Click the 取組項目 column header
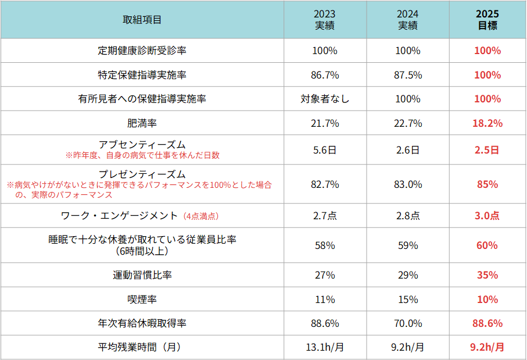142,20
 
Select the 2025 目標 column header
487,20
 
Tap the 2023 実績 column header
325,20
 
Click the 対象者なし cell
325,99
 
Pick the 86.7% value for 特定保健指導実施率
325,75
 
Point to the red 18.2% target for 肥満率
487,123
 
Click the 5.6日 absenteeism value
325,150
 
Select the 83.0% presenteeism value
407,184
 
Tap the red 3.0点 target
487,216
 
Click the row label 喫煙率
142,300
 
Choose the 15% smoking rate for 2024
407,300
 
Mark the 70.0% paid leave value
407,323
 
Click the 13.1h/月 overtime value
325,347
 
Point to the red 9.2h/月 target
487,347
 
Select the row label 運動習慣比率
142,275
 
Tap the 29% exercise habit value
407,275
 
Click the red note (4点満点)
200,216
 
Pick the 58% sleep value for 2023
325,245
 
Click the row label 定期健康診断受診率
142,51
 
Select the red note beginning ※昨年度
142,155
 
